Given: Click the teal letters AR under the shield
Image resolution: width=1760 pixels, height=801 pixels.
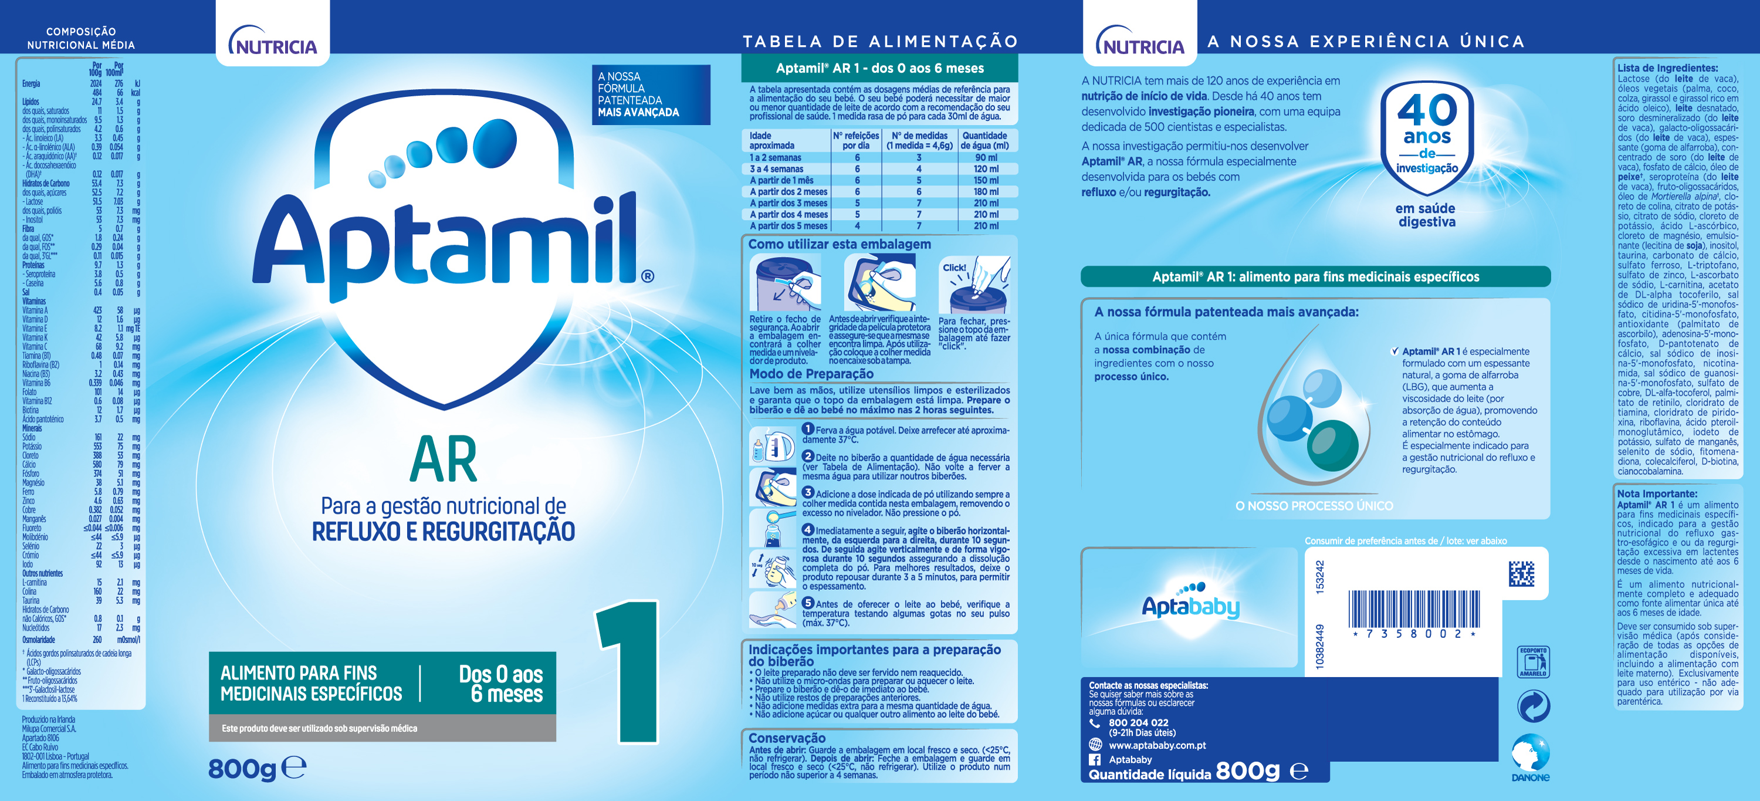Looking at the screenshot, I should click(x=444, y=461).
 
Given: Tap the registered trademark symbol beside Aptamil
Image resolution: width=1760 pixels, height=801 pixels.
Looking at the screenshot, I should click(x=647, y=276).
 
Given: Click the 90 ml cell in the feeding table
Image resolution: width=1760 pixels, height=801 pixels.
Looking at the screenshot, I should click(x=986, y=158).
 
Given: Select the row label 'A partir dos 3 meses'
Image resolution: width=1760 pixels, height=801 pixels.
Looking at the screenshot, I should click(x=788, y=203).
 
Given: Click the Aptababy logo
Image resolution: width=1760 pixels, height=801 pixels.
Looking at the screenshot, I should click(x=1190, y=603).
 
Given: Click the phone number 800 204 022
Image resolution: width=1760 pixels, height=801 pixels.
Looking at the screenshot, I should click(x=1138, y=722).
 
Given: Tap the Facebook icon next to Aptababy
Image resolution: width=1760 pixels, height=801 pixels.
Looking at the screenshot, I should click(x=1095, y=760).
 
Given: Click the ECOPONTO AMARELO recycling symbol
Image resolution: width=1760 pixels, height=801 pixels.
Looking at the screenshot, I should click(x=1532, y=661).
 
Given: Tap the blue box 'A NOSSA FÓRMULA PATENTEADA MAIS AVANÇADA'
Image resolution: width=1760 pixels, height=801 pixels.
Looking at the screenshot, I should click(x=651, y=95).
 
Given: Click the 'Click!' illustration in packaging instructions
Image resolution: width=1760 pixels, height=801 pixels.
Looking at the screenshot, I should click(x=974, y=286).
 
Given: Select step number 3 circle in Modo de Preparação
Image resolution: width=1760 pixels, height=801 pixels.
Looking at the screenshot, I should click(x=808, y=493).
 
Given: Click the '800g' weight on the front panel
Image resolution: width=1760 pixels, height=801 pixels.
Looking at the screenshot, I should click(x=242, y=769).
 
